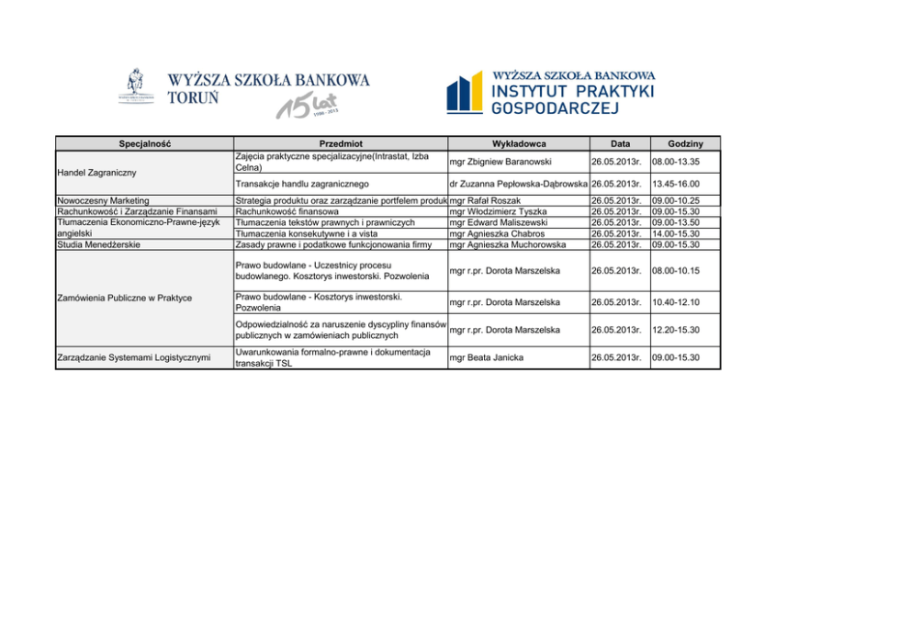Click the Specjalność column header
[144, 143]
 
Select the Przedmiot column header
[341, 143]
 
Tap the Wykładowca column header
[519, 143]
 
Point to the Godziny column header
[685, 143]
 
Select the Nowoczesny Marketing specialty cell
[103, 200]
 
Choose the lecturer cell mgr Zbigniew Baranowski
[500, 163]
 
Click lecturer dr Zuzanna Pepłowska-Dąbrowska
[519, 184]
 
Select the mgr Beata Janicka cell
[487, 357]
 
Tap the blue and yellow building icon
[465, 93]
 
